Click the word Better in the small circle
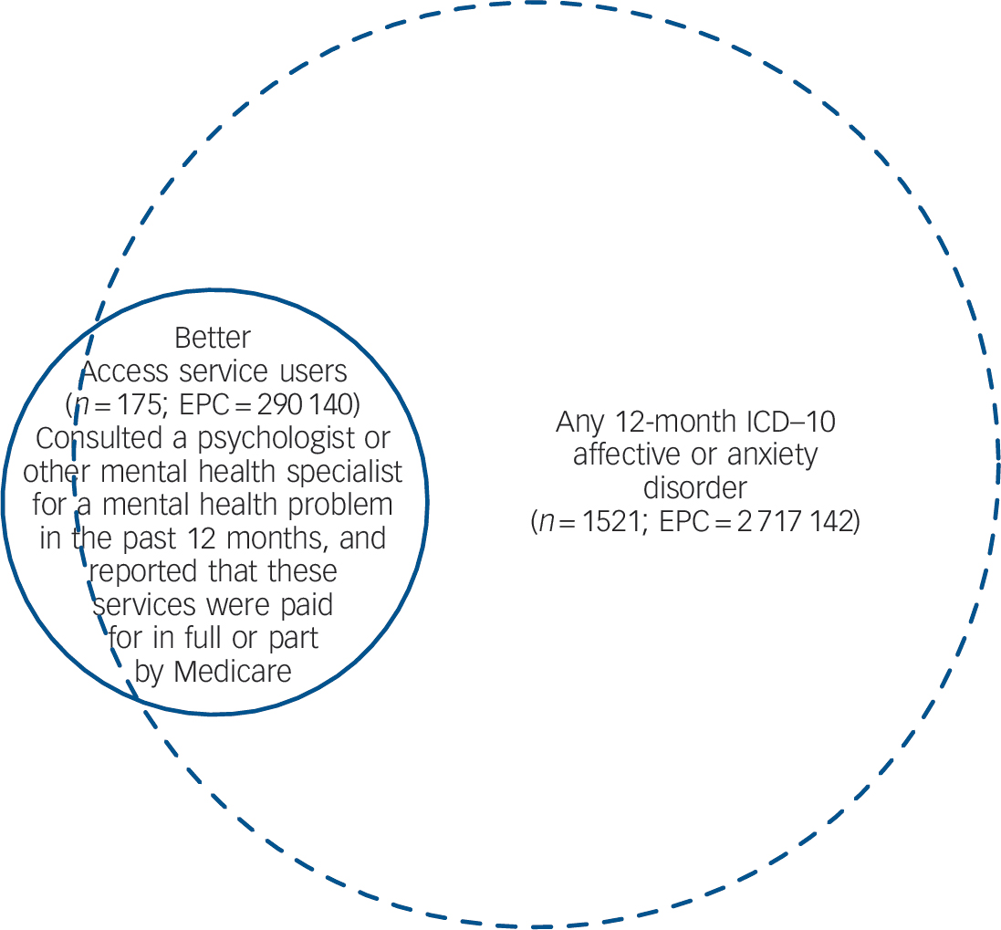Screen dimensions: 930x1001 [213, 338]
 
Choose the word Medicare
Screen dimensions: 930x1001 [233, 672]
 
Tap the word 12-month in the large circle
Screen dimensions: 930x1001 [670, 422]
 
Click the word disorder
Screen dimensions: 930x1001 [694, 488]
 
